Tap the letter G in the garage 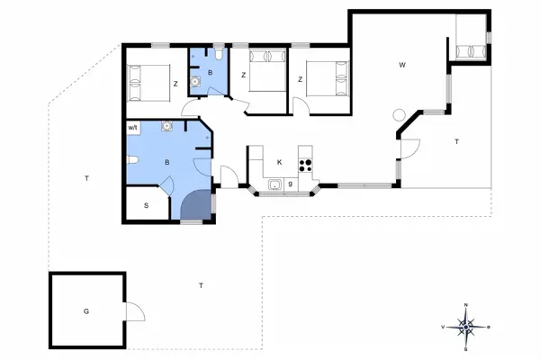click(x=86, y=311)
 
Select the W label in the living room click(x=403, y=65)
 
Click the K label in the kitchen click(x=280, y=162)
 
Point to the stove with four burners click(x=304, y=164)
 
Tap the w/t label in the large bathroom click(x=133, y=128)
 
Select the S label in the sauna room click(x=146, y=205)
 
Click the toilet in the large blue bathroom click(x=132, y=161)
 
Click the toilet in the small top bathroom click(x=218, y=52)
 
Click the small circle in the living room click(x=400, y=114)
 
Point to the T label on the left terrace click(x=86, y=178)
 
